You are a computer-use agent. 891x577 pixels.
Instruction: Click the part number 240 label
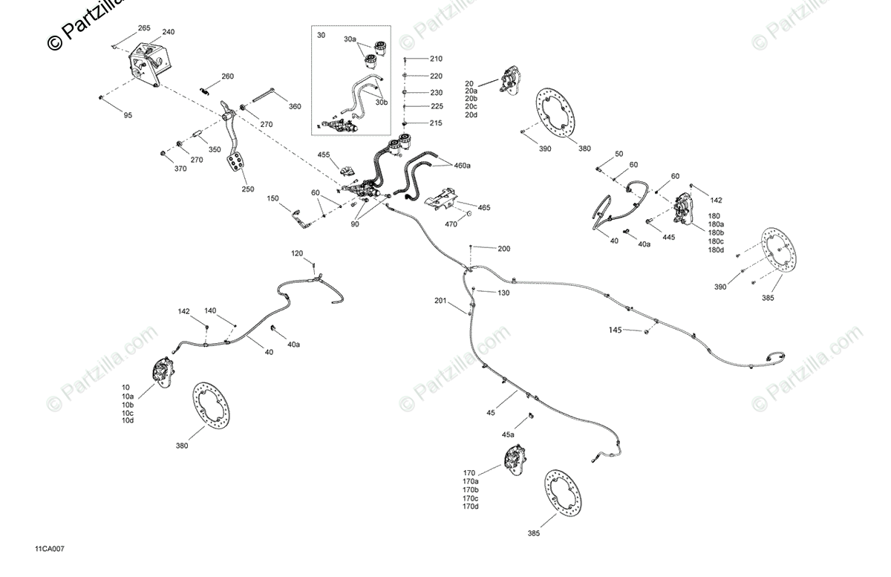point(169,32)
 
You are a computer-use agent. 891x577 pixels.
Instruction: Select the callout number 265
point(144,28)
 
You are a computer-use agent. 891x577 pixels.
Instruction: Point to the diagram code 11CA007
point(49,550)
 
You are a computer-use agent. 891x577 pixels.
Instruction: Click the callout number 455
point(324,155)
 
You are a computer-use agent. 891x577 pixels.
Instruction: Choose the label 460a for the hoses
point(462,166)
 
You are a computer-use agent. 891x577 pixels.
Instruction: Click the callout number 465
point(483,207)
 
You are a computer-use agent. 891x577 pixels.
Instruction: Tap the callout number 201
point(441,301)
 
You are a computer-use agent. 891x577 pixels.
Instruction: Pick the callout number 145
point(615,329)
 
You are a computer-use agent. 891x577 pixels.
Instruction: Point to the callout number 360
point(295,106)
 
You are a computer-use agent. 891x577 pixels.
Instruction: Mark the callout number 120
point(297,254)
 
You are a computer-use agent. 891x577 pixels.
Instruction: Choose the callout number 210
point(435,59)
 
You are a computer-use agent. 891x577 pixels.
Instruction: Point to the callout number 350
point(215,149)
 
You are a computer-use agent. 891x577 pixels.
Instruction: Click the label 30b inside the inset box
point(381,102)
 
